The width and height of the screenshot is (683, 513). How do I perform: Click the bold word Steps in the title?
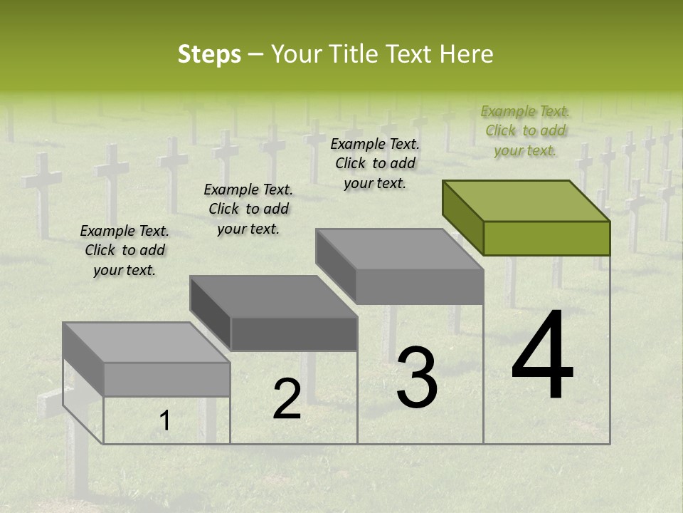(209, 54)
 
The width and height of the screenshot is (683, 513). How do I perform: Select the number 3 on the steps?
(416, 378)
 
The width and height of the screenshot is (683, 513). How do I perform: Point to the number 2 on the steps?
(287, 398)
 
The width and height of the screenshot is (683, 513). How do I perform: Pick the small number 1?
(164, 420)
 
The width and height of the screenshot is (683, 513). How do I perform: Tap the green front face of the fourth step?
(546, 238)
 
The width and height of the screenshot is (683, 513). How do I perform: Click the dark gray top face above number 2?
(273, 296)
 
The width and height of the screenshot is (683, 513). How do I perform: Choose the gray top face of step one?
(147, 342)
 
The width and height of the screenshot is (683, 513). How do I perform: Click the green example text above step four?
(525, 130)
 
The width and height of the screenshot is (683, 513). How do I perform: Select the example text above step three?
(375, 163)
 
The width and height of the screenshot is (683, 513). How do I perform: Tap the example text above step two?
(248, 209)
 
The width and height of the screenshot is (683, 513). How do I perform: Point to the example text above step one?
(125, 250)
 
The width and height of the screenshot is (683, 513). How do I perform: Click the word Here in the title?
(466, 54)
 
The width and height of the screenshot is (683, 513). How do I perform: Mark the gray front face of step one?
(166, 379)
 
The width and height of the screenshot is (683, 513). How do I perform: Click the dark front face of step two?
(294, 333)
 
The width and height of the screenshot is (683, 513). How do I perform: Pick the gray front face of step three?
(420, 286)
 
